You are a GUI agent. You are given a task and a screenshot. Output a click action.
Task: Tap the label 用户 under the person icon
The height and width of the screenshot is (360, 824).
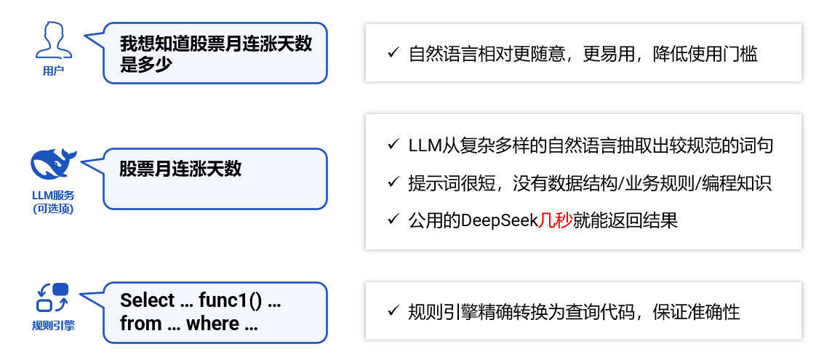53,71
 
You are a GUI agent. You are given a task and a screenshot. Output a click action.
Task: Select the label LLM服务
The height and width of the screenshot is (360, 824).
53,196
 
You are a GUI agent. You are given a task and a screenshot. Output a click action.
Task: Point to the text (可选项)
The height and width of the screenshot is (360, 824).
53,209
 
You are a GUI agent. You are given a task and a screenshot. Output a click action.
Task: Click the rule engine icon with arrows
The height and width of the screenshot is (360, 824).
52,297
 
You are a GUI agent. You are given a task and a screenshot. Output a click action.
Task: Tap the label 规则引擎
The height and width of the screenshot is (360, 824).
53,325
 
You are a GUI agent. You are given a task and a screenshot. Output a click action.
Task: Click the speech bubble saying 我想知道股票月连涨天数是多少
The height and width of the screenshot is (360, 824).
215,53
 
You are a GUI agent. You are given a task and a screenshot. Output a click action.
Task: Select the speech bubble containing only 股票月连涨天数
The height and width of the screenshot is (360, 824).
215,178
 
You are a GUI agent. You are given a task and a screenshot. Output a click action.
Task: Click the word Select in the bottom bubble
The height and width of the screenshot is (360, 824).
148,301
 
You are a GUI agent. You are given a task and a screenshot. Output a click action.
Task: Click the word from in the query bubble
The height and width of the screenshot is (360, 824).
140,324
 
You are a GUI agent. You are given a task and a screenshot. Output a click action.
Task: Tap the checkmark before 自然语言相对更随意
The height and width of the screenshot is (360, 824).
393,53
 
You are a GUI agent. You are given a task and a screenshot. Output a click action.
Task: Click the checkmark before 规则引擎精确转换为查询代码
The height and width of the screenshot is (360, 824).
393,312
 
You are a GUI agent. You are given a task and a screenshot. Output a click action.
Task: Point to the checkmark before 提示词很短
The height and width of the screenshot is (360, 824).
393,183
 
